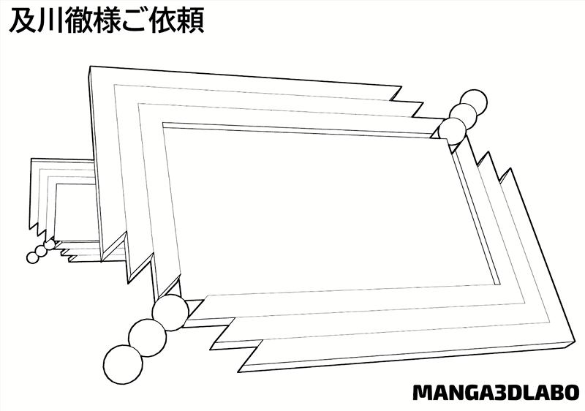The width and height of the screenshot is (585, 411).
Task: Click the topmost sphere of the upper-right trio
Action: (474, 102)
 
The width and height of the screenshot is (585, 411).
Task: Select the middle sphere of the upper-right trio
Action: (463, 116)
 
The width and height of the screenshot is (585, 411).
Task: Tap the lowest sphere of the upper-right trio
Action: (453, 131)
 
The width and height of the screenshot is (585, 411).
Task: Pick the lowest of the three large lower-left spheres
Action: (121, 363)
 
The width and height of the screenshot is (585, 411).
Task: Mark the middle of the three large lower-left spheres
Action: (146, 336)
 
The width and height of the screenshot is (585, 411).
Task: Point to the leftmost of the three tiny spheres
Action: (32, 257)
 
